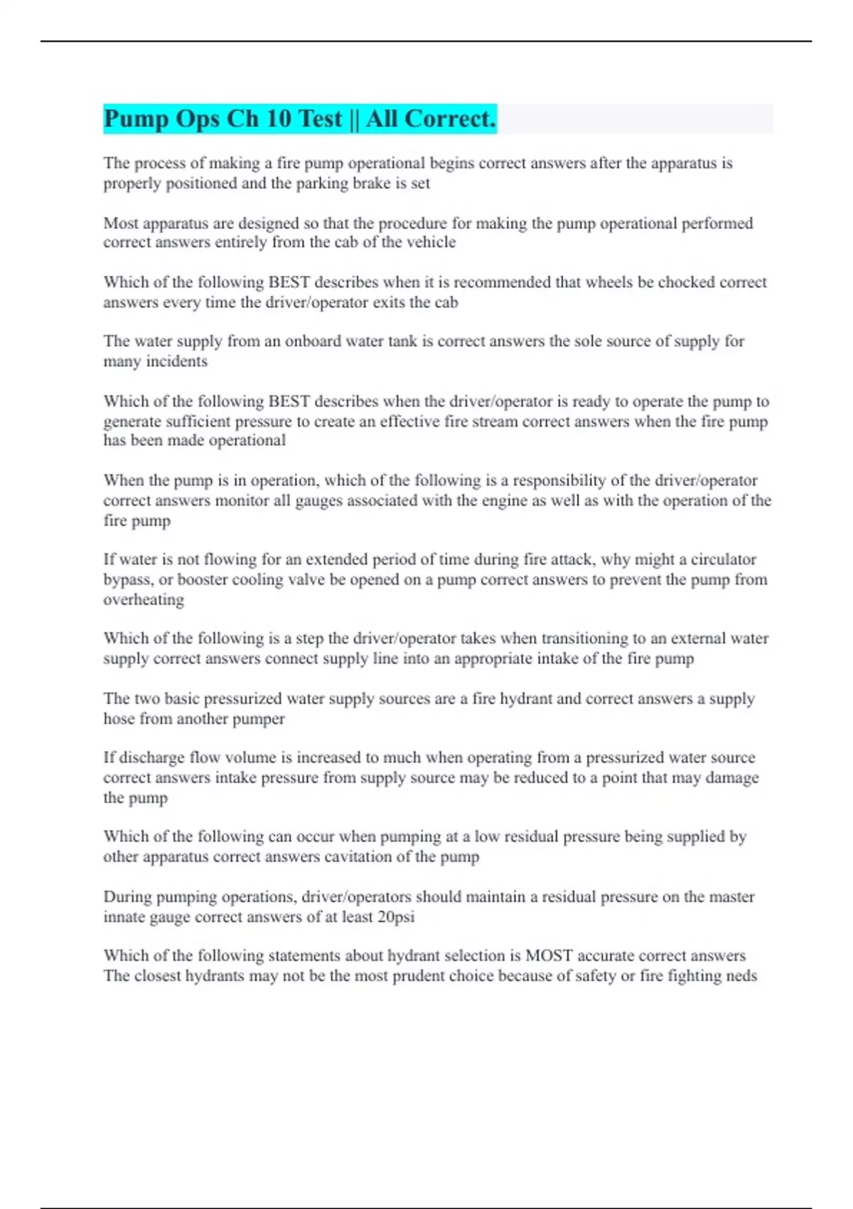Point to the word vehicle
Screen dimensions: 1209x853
click(431, 243)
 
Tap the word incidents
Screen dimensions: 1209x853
click(176, 361)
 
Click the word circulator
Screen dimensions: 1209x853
click(724, 559)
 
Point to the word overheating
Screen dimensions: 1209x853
click(144, 600)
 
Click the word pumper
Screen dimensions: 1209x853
click(261, 718)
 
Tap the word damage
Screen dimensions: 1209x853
click(732, 777)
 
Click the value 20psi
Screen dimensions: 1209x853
click(396, 917)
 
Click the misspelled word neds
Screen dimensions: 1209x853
click(741, 976)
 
